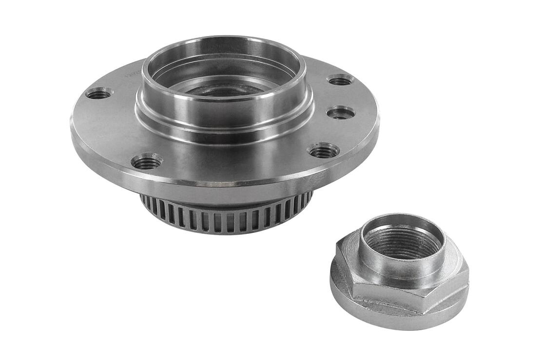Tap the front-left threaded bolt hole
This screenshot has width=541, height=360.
147,161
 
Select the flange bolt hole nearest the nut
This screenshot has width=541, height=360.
324,151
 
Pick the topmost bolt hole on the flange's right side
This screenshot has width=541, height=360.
340,80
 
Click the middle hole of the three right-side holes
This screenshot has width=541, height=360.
341,113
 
